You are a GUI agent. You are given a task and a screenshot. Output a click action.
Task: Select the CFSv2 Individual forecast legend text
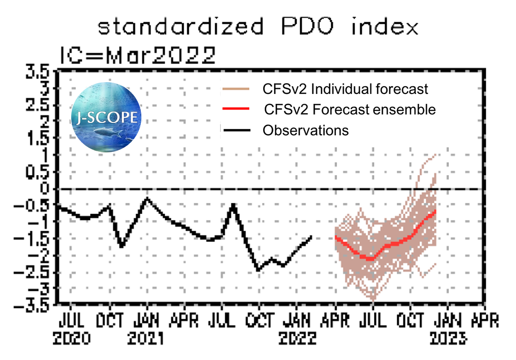[x=345, y=89]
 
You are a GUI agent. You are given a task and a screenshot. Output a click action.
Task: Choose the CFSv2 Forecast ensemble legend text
[x=349, y=109]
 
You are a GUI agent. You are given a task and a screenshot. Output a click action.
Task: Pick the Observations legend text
[x=305, y=130]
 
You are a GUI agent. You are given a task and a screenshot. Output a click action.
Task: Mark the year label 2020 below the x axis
[x=73, y=339]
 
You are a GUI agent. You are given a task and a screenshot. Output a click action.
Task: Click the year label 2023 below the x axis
[x=448, y=339]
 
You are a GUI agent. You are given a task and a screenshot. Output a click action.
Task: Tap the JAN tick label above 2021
[x=147, y=321]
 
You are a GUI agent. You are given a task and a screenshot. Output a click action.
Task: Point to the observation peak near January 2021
[x=148, y=198]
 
